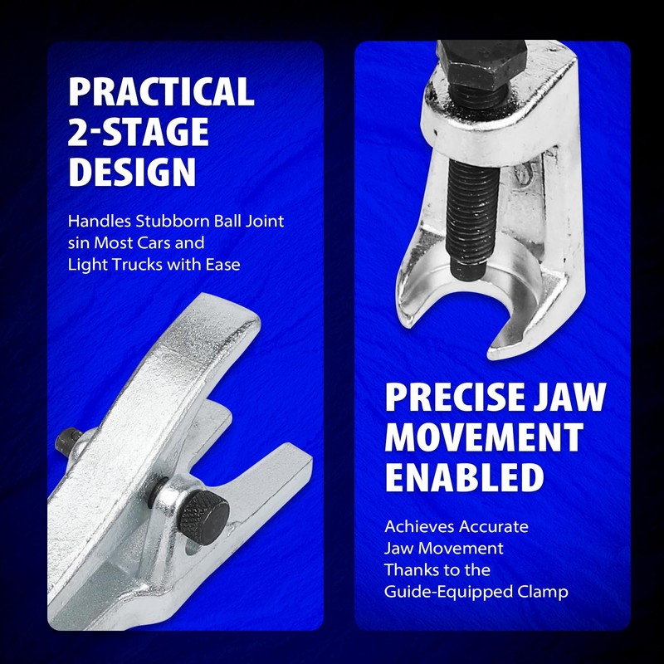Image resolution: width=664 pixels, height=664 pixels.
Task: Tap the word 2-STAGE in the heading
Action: [x=138, y=132]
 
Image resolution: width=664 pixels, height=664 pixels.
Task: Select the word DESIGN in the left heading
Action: [x=132, y=172]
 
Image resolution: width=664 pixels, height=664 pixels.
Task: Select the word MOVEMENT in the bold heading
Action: [x=483, y=437]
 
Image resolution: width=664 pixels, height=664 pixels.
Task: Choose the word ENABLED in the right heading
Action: [x=464, y=477]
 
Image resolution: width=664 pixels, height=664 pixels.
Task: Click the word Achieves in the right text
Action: [x=417, y=526]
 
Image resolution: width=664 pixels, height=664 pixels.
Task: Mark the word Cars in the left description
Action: [x=182, y=243]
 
